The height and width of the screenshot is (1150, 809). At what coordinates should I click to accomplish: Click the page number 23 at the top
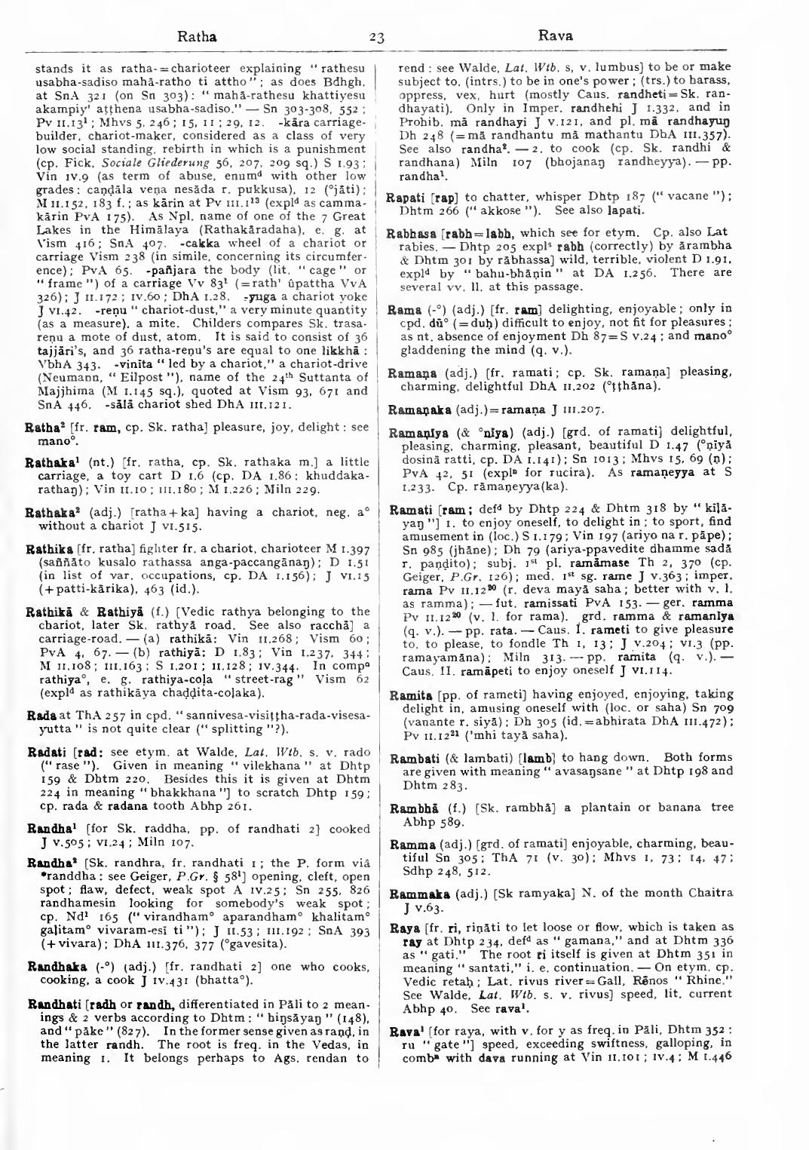377,36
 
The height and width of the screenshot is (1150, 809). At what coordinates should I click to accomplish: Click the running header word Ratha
196,35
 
